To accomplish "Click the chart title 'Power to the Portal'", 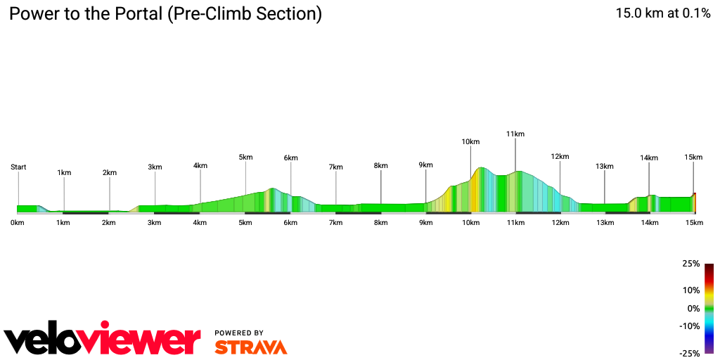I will [x=165, y=13].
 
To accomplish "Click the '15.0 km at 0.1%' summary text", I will [x=663, y=13].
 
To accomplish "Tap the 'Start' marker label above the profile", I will [x=18, y=167].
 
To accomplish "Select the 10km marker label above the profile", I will [x=470, y=142].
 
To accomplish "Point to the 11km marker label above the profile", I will [x=515, y=134].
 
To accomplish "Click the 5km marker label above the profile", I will [x=245, y=157].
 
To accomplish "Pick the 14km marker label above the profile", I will [x=649, y=158].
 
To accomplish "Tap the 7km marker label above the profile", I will [x=335, y=167].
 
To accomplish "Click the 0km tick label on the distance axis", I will [x=18, y=223].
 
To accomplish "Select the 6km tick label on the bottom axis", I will [x=290, y=223].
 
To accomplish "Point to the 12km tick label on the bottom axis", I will [x=560, y=223].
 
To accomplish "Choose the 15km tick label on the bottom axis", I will [x=694, y=223].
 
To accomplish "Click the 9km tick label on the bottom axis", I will [x=425, y=223].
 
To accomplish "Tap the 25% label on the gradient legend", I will [x=691, y=264].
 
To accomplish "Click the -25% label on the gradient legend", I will [x=690, y=354].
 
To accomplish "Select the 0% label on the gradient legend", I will [x=693, y=309].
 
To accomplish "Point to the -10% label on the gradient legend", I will [x=690, y=326].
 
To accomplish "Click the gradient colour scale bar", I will [x=709, y=308].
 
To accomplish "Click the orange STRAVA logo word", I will [x=250, y=347].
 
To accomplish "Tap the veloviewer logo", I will [x=103, y=340].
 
